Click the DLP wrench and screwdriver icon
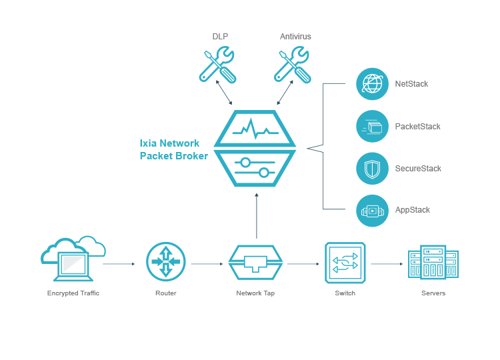pos(218,65)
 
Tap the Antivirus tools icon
pos(293,65)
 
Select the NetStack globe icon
pos(372,84)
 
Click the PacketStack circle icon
pos(372,126)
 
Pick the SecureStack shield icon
pos(372,169)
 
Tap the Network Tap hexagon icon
pos(257,263)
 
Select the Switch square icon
pos(345,263)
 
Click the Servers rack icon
pos(433,263)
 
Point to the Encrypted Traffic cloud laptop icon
pos(73,257)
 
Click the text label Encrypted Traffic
pos(73,293)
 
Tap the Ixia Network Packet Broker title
pos(173,149)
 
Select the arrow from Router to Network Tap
pos(207,264)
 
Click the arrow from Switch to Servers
pos(387,264)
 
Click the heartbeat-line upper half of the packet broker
pos(255,128)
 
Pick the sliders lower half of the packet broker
pos(255,167)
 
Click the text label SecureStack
pos(418,169)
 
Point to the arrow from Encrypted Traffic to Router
pos(119,264)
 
